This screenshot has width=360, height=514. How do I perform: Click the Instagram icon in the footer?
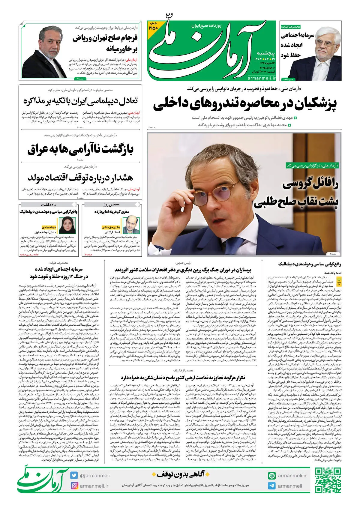tap(74, 486)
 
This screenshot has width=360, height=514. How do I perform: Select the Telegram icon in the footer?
tap(272, 486)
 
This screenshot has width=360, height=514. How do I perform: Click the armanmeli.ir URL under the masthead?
tap(262, 78)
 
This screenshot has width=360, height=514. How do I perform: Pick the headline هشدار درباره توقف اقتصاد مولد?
tap(80, 178)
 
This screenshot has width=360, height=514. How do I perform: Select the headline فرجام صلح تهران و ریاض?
tap(105, 43)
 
